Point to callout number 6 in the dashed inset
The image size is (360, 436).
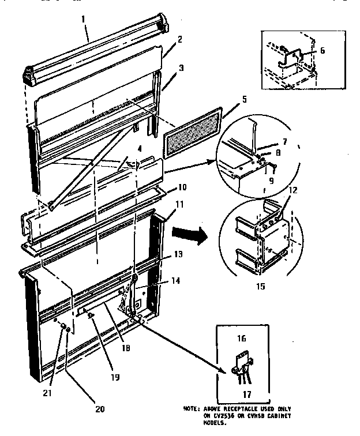[322, 51]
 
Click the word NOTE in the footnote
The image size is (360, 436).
[190, 409]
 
